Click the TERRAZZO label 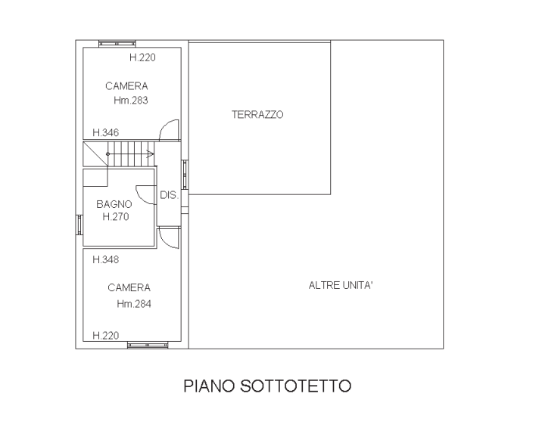coord(257,114)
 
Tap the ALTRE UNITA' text coord(341,285)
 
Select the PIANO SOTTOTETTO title coord(267,386)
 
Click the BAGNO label coord(114,204)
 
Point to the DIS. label coord(170,195)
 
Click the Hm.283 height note coord(130,101)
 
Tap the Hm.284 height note coord(134,304)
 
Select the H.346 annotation coord(106,132)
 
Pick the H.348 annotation coord(106,259)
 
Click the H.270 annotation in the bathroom coord(116,216)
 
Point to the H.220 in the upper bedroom coord(142,57)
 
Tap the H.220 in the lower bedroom coord(106,336)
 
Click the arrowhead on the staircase coord(151,153)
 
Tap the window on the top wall coord(117,43)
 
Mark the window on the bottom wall coord(148,346)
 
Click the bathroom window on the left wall coord(79,225)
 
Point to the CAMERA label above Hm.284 coord(129,287)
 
